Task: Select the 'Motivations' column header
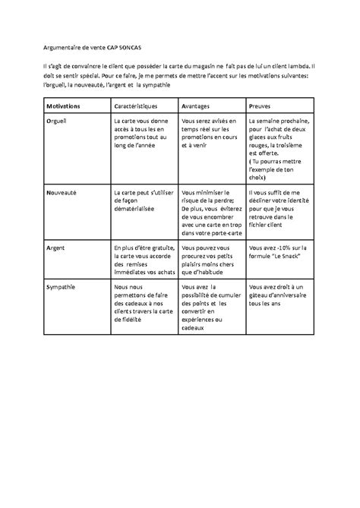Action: click(67, 106)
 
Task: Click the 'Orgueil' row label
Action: click(57, 121)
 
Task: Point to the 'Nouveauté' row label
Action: click(63, 194)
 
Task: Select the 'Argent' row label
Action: click(56, 248)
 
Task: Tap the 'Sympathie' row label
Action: click(62, 286)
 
